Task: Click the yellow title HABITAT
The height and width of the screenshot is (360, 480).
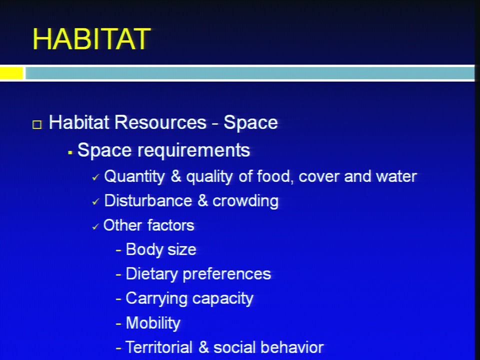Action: pos(91,39)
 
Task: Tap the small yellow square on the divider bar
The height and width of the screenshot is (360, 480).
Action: pos(11,73)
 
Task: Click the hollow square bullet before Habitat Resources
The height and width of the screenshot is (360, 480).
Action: pos(37,124)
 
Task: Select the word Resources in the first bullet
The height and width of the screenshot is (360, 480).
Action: pos(160,122)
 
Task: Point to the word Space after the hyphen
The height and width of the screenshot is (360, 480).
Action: pos(250,123)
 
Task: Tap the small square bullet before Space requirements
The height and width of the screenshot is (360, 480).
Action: pos(70,152)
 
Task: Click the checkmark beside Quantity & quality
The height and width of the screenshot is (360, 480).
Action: pos(96,177)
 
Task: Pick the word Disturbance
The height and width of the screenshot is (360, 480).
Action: pos(148,201)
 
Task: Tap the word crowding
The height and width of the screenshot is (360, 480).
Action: pos(245,201)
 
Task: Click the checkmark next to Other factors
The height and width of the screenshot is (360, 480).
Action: pos(95,226)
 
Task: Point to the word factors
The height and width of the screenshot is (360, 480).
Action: pos(171,225)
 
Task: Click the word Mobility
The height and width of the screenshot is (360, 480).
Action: pos(153,323)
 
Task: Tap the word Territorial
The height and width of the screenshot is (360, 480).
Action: pos(159,347)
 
